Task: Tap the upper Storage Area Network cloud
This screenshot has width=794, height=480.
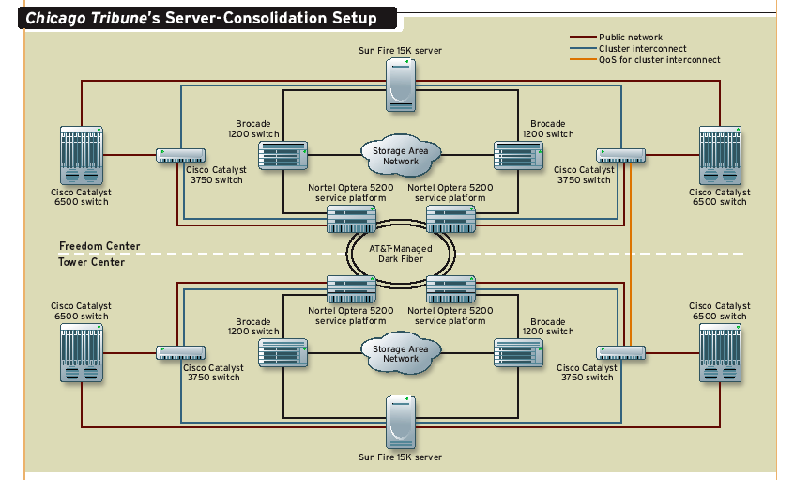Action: point(401,156)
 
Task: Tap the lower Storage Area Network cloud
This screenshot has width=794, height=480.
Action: point(401,353)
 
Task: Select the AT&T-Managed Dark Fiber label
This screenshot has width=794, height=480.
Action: point(401,253)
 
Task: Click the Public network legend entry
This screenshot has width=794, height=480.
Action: point(630,38)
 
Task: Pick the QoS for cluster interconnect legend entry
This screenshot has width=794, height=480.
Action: point(659,60)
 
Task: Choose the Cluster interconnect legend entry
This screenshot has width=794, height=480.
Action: point(642,49)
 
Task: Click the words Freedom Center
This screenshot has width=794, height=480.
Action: point(99,247)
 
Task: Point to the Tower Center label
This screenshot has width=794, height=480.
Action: point(92,262)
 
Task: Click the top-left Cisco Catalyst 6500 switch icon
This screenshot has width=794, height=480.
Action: point(81,155)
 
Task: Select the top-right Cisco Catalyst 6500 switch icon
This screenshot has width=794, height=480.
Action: point(720,155)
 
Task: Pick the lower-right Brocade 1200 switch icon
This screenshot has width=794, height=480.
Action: point(518,353)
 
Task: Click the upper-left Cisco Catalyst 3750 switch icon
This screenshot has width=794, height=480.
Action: point(181,155)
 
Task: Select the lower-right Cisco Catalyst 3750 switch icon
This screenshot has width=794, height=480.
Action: point(620,353)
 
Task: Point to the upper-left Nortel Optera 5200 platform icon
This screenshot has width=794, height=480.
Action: point(350,219)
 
